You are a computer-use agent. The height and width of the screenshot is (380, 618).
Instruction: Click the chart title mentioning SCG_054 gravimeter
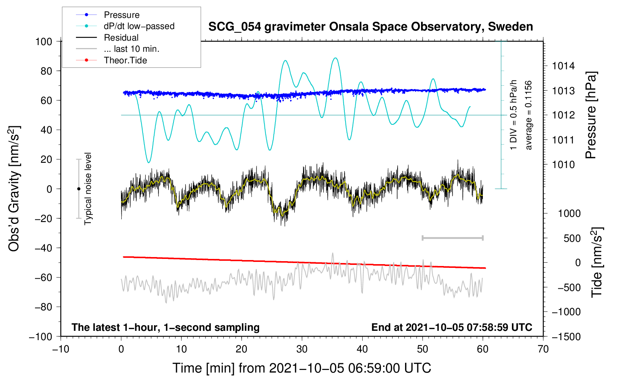[370, 27]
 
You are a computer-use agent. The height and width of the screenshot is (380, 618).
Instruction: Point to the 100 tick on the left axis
[44, 42]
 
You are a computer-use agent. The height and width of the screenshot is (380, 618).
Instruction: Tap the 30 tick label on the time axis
[302, 349]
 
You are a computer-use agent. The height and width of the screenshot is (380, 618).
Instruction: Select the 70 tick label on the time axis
[543, 349]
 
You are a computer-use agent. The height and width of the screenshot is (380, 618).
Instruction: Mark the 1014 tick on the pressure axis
[563, 66]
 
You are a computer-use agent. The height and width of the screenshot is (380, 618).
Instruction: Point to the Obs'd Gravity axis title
[14, 189]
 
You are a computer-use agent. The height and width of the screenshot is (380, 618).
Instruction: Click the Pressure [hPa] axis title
[591, 115]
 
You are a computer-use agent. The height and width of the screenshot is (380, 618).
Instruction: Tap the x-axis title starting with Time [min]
[302, 368]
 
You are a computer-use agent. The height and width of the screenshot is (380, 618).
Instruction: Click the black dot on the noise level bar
[79, 189]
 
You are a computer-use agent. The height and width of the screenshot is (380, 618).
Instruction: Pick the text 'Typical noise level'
[87, 189]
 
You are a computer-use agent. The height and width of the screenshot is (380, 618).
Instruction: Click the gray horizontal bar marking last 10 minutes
[452, 238]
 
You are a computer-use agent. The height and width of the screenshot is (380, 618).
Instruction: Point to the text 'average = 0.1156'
[528, 115]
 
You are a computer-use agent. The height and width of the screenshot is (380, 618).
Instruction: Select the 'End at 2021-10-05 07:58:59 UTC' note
[452, 327]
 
